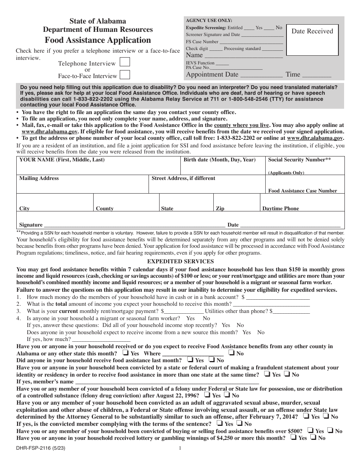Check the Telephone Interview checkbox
pos(125,63)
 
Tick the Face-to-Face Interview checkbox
pos(125,75)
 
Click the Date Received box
pos(312,40)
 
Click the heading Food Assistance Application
pos(98,40)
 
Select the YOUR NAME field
pos(98,168)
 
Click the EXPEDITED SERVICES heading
pos(180,261)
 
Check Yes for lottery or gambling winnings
pos(294,437)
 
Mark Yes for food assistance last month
pos(190,360)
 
